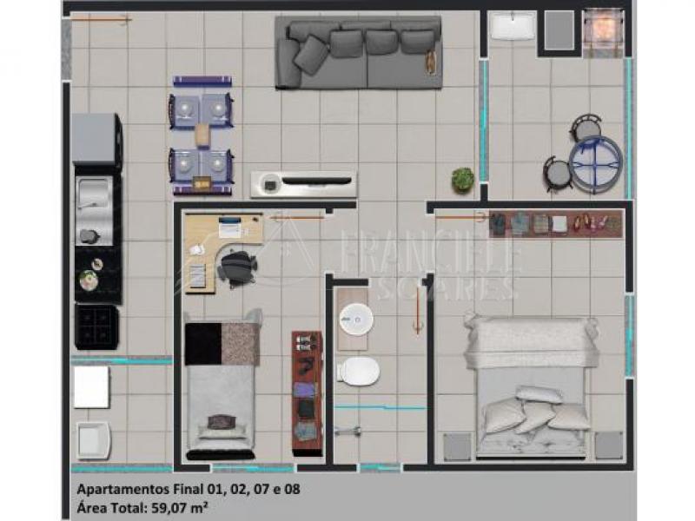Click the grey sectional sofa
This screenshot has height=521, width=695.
(358, 52)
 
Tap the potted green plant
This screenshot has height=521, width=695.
(463, 180)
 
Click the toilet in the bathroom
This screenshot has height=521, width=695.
(358, 371)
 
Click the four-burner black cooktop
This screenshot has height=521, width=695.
(96, 326)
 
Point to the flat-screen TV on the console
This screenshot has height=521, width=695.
(317, 181)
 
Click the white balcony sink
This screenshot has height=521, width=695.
(513, 25)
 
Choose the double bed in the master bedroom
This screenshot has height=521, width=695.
(531, 386)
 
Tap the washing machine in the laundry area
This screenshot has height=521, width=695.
(93, 440)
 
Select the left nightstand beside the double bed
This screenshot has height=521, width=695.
(457, 446)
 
